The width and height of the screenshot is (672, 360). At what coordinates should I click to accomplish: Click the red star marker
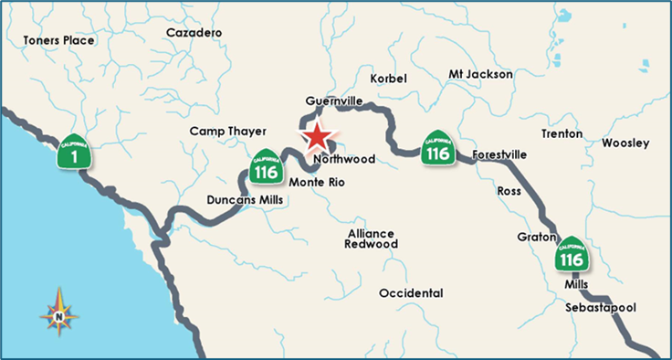[x=316, y=136]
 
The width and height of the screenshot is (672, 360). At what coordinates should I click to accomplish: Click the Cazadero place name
[x=194, y=33]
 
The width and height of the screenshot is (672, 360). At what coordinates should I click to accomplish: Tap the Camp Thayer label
[x=226, y=132]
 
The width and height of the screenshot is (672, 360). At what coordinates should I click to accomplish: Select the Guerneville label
[x=335, y=100]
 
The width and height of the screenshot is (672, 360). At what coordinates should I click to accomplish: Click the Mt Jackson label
[x=481, y=74]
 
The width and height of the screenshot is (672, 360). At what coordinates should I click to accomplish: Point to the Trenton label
[x=562, y=133]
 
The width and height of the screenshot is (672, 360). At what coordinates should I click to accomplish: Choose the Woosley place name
[x=625, y=143]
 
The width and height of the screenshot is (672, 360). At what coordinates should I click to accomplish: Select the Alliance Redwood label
[x=372, y=238]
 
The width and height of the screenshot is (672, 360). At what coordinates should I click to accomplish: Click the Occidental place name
[x=411, y=293]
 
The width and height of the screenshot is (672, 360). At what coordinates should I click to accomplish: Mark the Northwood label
[x=344, y=159]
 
